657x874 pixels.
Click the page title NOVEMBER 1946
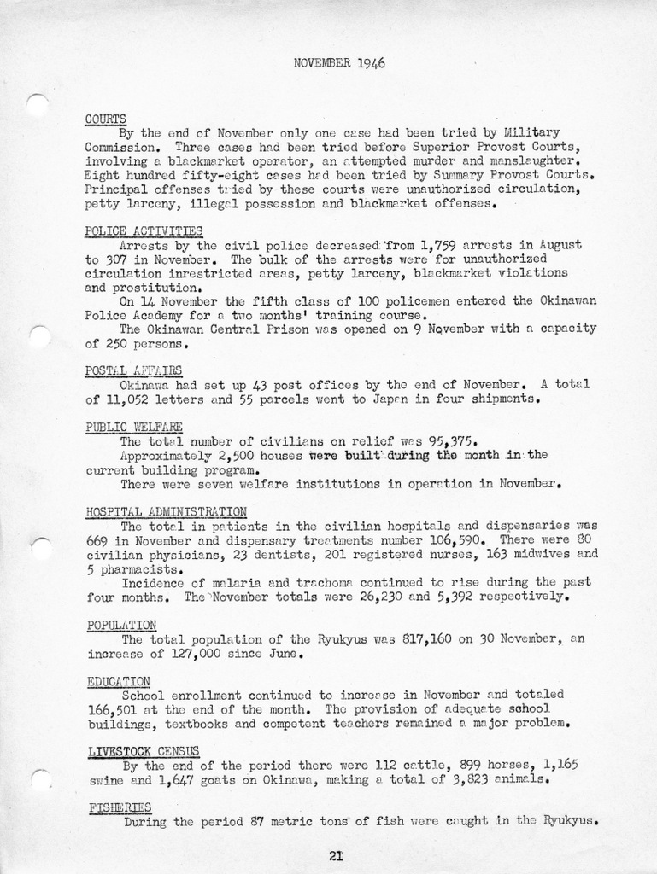pyautogui.click(x=338, y=62)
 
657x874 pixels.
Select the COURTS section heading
pyautogui.click(x=106, y=119)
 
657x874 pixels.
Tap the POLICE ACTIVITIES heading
pyautogui.click(x=144, y=230)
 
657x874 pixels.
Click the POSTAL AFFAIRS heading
pyautogui.click(x=133, y=370)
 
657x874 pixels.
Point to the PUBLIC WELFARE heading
pyautogui.click(x=134, y=427)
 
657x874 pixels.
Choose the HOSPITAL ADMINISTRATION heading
pyautogui.click(x=166, y=511)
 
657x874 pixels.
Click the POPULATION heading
pyautogui.click(x=121, y=625)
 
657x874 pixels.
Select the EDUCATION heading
pyautogui.click(x=119, y=680)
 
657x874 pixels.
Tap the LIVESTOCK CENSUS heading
pyautogui.click(x=144, y=751)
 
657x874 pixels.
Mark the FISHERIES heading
pyautogui.click(x=120, y=807)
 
